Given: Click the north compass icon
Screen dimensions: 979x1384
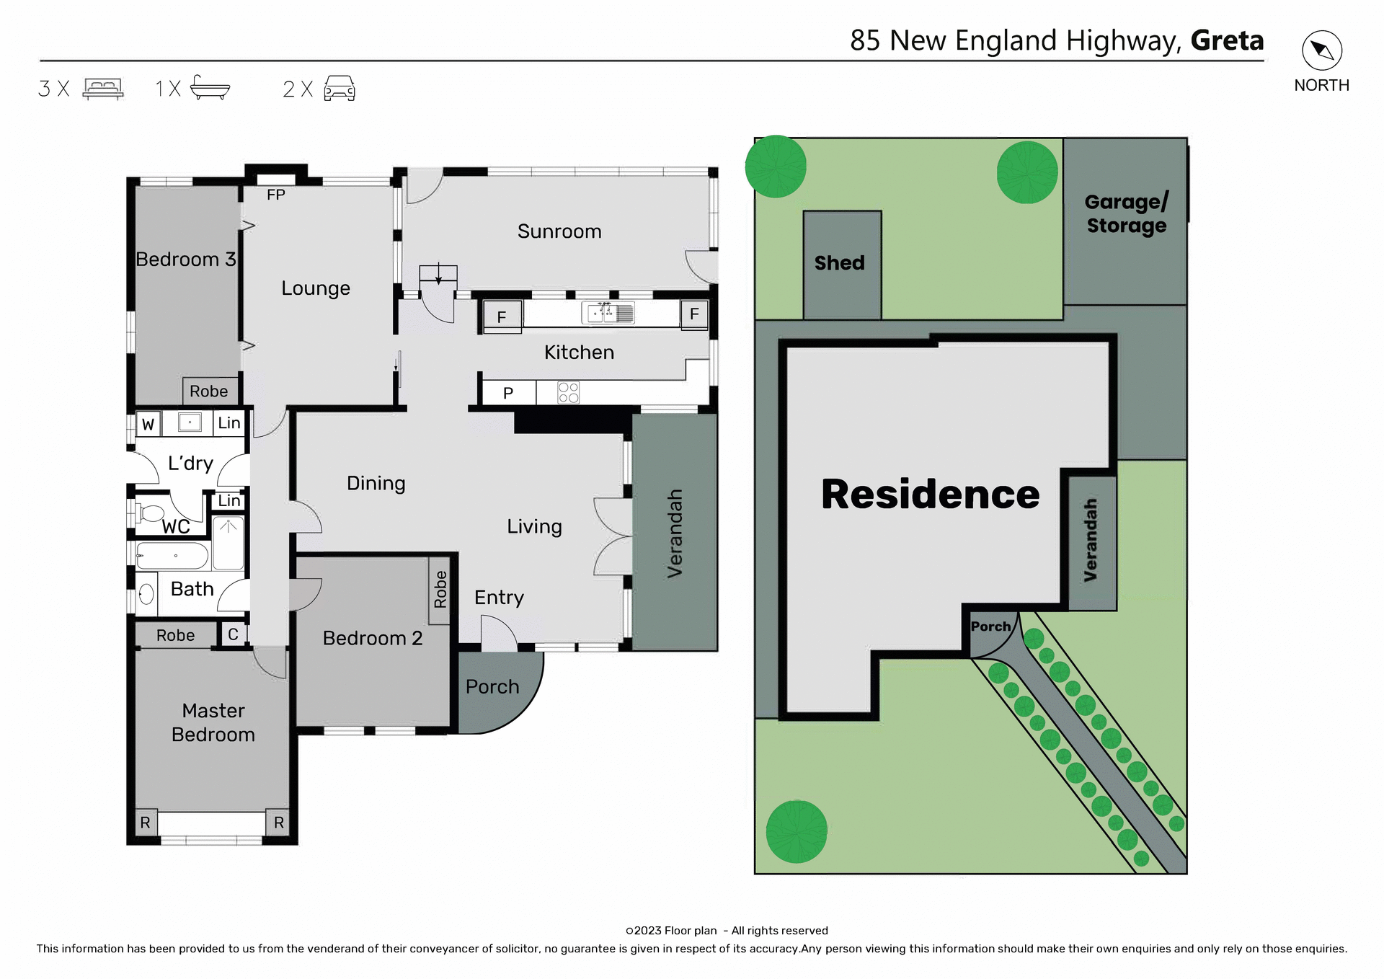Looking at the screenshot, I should click(1321, 50).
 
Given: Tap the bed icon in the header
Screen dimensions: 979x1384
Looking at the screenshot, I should click(103, 89).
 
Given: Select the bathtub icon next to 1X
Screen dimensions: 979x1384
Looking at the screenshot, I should click(210, 88).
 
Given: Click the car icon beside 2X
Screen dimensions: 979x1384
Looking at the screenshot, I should click(340, 89).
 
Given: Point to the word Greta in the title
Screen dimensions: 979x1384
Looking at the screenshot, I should click(1227, 40).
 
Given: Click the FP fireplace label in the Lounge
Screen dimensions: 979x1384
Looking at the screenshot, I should click(275, 195).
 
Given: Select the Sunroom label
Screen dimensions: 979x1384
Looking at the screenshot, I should click(559, 231).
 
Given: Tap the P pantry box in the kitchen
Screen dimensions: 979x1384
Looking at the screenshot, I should click(508, 393).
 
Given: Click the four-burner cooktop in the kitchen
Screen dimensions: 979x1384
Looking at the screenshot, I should click(568, 393).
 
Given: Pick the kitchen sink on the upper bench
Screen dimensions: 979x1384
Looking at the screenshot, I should click(608, 314).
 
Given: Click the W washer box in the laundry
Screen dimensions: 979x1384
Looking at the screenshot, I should click(148, 424).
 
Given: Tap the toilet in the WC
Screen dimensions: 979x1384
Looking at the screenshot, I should click(150, 513).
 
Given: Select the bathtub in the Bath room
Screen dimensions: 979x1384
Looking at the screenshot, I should click(173, 556).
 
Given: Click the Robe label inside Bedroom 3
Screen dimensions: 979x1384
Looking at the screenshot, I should click(208, 391).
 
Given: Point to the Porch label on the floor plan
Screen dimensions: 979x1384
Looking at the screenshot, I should click(492, 686).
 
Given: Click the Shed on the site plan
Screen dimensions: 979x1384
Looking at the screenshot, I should click(841, 264).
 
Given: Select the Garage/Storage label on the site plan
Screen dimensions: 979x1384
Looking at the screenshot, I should click(1125, 214).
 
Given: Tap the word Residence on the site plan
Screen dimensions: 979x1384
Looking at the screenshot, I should click(930, 495).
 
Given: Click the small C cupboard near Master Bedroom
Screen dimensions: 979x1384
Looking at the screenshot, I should click(233, 634).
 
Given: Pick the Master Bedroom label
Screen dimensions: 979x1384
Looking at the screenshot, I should click(213, 722).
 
